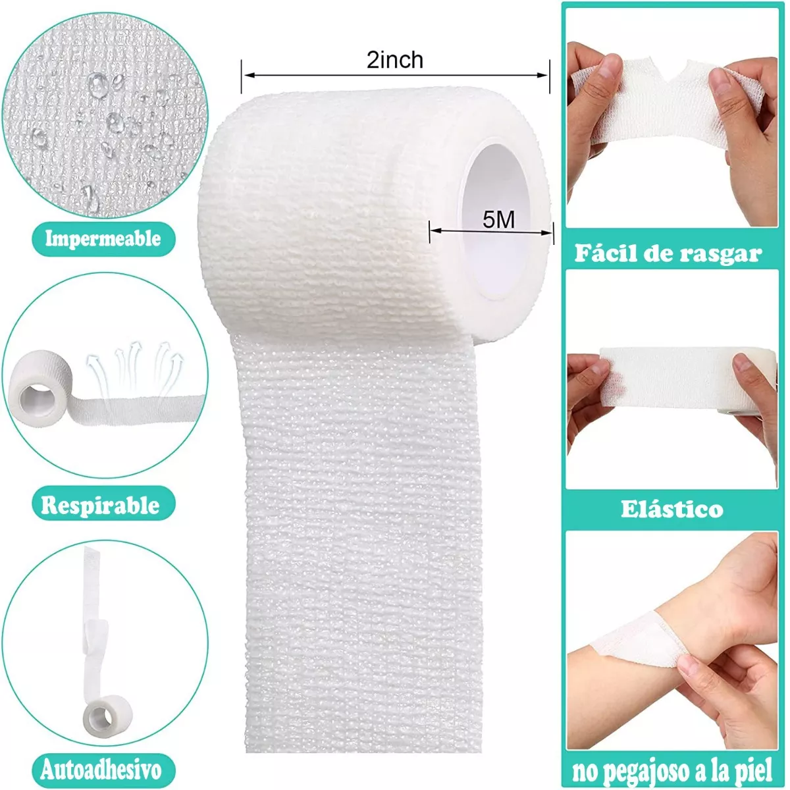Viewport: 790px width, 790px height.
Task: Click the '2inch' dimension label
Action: [x=395, y=61]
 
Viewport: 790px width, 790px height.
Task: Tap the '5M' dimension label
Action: [x=498, y=219]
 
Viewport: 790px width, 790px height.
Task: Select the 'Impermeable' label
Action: [x=103, y=238]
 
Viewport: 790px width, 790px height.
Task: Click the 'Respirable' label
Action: [x=101, y=506]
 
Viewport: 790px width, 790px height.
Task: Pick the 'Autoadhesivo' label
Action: [x=101, y=770]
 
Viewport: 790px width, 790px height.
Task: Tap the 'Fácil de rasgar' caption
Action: [x=668, y=253]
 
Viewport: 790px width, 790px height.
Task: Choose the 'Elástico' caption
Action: [x=671, y=509]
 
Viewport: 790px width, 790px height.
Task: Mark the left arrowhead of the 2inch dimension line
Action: [x=246, y=75]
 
